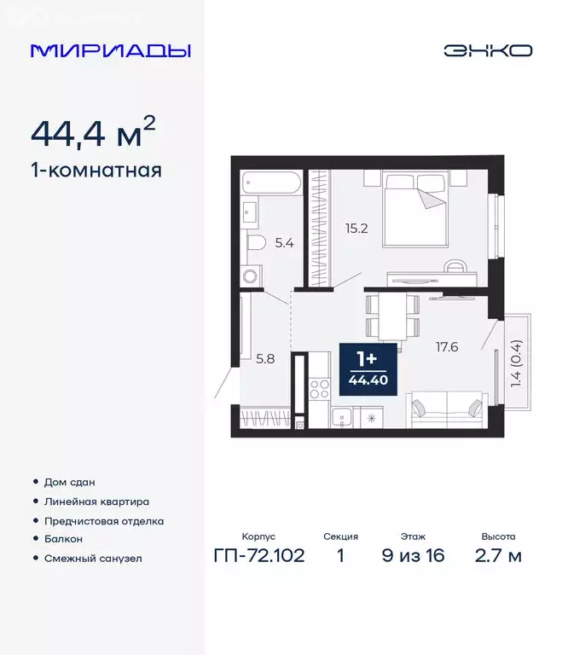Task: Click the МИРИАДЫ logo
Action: tap(110, 50)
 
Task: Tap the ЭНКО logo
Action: tap(487, 50)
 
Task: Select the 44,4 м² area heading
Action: tap(93, 133)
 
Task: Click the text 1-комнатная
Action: tap(96, 170)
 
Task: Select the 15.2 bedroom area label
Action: tap(356, 228)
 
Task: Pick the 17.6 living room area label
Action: tap(447, 346)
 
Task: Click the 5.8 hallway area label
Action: tap(266, 359)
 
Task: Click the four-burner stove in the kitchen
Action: tap(319, 391)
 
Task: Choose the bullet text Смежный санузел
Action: tap(93, 559)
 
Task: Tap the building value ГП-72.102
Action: tap(258, 557)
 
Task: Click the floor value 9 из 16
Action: tap(412, 557)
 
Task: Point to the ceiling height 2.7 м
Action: tap(498, 557)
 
